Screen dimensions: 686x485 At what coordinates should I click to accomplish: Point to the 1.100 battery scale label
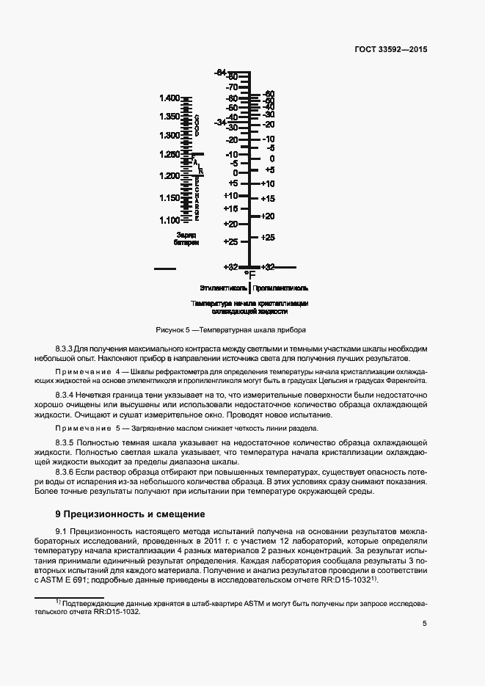(x=169, y=220)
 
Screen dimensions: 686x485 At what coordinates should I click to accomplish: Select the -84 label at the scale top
(x=220, y=72)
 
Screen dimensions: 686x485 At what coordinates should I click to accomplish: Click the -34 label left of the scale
(x=219, y=123)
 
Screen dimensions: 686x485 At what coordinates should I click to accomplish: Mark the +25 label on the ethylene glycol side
(x=230, y=241)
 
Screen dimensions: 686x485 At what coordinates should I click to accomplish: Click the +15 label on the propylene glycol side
(x=268, y=199)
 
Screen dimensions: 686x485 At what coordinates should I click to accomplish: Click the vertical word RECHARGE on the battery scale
(x=197, y=198)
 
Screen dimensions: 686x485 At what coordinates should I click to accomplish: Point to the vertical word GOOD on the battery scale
(x=197, y=125)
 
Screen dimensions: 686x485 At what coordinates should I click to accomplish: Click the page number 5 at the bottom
(x=425, y=624)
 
